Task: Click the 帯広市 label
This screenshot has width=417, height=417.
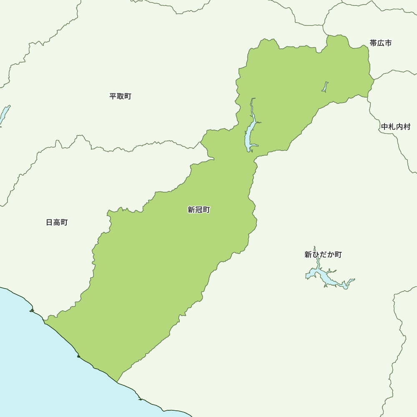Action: click(x=380, y=43)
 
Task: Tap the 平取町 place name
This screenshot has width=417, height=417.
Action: click(x=120, y=96)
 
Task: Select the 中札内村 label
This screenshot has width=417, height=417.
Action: click(x=395, y=127)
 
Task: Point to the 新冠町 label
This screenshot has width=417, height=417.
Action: click(x=198, y=210)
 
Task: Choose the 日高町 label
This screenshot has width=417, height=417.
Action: click(x=57, y=222)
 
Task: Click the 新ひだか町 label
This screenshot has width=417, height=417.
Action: click(x=323, y=254)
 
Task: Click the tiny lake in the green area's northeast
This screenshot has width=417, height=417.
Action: click(x=324, y=87)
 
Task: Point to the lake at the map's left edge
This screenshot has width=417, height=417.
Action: click(x=4, y=115)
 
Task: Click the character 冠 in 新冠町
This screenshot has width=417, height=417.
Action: click(x=198, y=210)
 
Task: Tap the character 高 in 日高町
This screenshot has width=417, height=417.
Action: click(x=57, y=222)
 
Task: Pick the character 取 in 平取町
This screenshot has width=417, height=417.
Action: click(x=120, y=96)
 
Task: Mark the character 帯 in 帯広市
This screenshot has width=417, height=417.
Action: click(x=373, y=43)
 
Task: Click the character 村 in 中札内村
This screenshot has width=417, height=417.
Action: click(x=407, y=127)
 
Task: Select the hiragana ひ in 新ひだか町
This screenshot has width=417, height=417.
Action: click(x=316, y=254)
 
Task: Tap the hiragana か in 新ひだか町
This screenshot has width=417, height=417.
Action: click(x=331, y=254)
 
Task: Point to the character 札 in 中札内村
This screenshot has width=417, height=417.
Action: click(x=392, y=127)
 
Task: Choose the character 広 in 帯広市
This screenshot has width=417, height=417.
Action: click(x=380, y=43)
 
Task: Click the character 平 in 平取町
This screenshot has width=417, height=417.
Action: click(x=113, y=96)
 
